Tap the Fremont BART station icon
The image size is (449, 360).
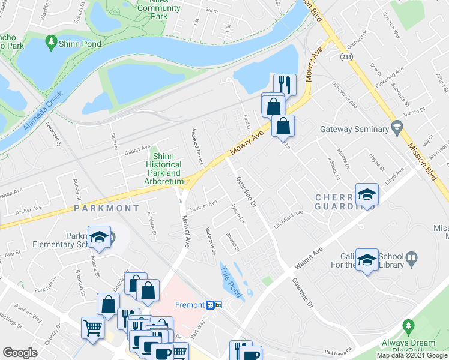tap(211, 305)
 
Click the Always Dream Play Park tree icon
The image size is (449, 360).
tap(409, 326)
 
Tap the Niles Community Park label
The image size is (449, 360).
tap(159, 9)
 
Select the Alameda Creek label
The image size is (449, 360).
tap(43, 112)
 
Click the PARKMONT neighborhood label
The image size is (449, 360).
tap(107, 208)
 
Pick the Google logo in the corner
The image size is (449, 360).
tap(19, 353)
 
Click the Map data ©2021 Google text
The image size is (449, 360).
tap(411, 355)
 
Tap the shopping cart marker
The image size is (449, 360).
tap(92, 328)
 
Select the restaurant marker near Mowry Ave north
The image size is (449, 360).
tap(284, 85)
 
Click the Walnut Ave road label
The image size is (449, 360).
tap(310, 257)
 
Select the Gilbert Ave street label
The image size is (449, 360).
tap(137, 147)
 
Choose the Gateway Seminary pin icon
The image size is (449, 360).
tap(396, 127)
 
